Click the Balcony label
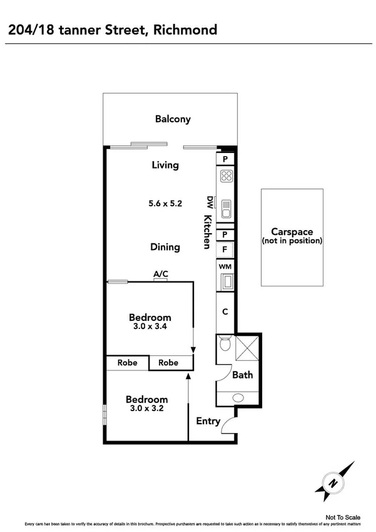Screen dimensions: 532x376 point(173,119)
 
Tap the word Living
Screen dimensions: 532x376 point(165,165)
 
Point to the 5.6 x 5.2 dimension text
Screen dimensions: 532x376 point(165,203)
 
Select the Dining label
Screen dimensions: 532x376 point(165,247)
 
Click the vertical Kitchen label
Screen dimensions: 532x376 point(206,232)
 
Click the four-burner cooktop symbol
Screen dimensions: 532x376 point(226,177)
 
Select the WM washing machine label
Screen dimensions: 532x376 point(225,267)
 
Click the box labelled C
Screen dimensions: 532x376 point(225,311)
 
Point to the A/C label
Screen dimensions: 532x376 point(161,274)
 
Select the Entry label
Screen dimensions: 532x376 point(208,421)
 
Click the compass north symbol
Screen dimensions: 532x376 point(335,482)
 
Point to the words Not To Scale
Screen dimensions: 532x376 point(343,518)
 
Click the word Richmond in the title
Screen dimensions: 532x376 point(186,29)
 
